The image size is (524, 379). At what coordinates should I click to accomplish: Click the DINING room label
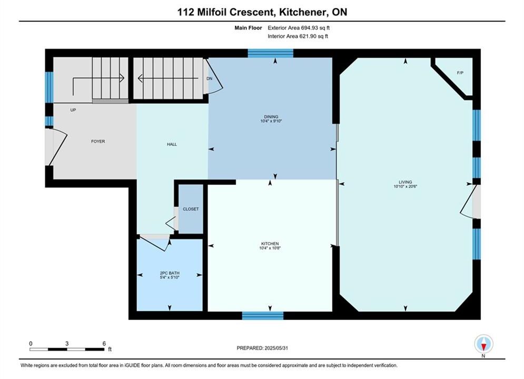point(271,117)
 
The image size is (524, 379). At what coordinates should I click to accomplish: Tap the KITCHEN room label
point(270,244)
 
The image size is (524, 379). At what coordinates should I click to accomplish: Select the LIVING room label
point(405,182)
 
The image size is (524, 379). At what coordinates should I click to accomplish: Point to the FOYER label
point(98,141)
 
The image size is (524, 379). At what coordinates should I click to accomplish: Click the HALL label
point(172,144)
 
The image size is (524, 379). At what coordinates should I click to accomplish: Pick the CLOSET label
point(191,209)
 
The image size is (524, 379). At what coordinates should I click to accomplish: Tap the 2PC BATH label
point(170,273)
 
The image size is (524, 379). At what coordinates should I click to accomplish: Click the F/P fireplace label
point(460,73)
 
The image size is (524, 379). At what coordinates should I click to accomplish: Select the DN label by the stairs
point(210,78)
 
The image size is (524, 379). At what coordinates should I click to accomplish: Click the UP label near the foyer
point(73,110)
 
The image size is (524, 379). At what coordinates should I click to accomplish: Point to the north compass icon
point(483,344)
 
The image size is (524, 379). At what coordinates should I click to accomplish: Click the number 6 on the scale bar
point(104,343)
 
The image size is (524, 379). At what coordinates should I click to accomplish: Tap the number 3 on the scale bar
point(67,343)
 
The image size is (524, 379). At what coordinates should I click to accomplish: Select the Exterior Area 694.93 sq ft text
point(299,28)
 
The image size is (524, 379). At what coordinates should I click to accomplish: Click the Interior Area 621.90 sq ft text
point(298,36)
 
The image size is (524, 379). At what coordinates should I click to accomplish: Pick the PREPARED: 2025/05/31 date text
point(262,348)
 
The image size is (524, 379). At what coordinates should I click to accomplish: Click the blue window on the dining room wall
point(270,53)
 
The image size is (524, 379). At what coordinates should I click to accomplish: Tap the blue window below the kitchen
point(263,315)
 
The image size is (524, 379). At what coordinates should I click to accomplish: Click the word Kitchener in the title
point(303,12)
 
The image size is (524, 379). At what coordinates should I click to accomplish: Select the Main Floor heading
point(248,28)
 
